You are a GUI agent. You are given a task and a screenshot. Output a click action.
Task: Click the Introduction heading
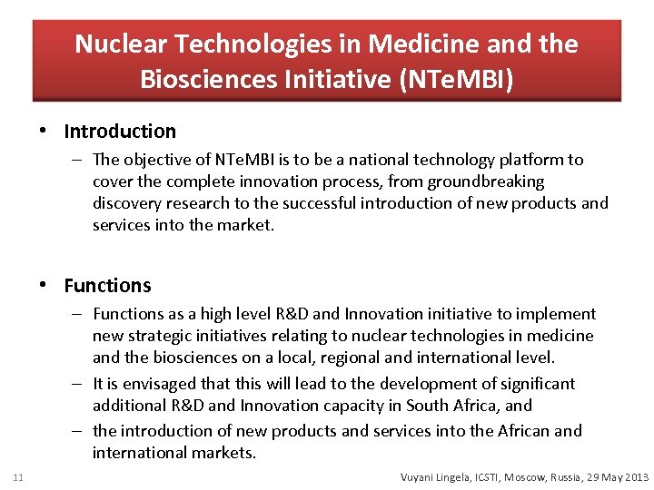coord(120,132)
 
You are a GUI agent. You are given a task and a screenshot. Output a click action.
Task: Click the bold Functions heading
coord(107,286)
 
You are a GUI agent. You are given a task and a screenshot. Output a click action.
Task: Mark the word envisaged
coord(154,384)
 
